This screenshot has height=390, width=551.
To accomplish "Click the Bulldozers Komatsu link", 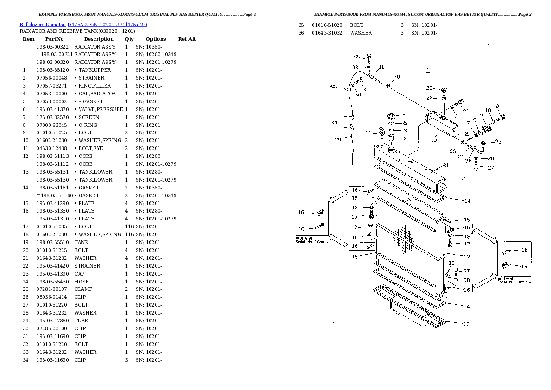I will click(x=43, y=24).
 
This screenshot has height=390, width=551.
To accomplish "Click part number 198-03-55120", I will click(x=52, y=70).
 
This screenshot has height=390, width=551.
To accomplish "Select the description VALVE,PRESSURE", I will click(x=99, y=109).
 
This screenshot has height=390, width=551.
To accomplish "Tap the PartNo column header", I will click(x=54, y=39).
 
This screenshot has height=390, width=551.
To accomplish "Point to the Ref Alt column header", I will click(x=187, y=39).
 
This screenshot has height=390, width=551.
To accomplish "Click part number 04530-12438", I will click(x=52, y=148).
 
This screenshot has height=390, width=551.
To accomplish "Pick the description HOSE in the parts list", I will click(x=81, y=282).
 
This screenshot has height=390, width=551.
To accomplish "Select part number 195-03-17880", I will click(x=52, y=321).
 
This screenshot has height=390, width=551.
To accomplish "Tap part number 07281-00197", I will click(x=52, y=289).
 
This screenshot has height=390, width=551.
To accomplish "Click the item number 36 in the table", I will click(x=301, y=33).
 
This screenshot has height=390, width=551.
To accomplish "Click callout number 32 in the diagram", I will click(x=355, y=57).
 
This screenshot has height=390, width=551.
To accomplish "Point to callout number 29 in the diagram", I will click(x=338, y=139).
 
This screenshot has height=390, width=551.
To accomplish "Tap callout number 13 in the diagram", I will click(x=467, y=324).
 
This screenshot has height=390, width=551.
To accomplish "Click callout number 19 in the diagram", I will click(x=434, y=139).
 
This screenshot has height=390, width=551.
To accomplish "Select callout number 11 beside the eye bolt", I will click(x=369, y=133).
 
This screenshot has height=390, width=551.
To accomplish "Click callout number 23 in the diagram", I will click(x=429, y=88).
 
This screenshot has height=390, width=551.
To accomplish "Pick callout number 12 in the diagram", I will click(x=467, y=257).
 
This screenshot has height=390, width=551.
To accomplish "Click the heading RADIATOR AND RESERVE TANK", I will click(x=77, y=31).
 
